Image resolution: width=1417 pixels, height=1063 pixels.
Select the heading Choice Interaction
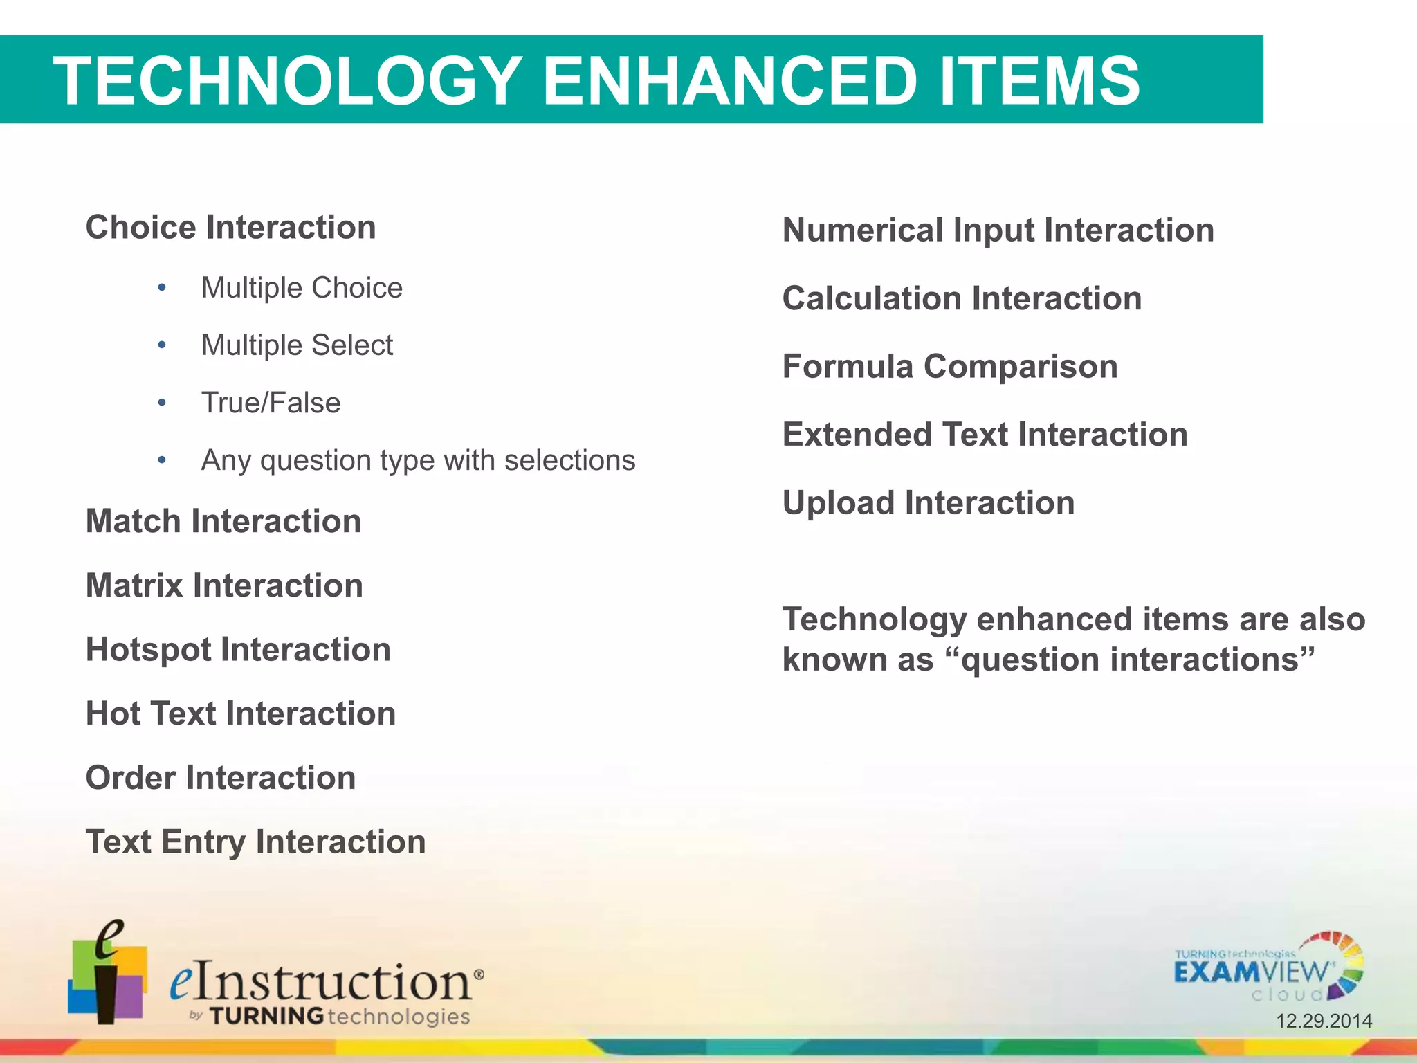coord(230,228)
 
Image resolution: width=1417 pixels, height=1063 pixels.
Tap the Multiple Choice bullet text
coord(302,288)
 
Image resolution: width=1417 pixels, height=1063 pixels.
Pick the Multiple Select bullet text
coord(297,345)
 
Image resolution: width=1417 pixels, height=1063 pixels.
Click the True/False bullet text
coord(271,403)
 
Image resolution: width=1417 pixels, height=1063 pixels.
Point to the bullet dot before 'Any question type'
coord(162,460)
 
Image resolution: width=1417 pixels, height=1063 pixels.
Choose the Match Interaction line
coord(223,521)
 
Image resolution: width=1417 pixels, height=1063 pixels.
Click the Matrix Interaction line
coord(224,585)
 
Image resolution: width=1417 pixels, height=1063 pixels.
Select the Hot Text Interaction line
coord(241,714)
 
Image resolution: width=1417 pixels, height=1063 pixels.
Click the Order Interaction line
coord(221,778)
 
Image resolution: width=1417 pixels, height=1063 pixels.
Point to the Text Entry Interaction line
coord(255,842)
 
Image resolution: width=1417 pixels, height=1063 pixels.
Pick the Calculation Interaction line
coord(962,299)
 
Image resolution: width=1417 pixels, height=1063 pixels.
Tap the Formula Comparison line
coord(950,367)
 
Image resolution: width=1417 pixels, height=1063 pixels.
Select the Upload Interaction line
coord(929,503)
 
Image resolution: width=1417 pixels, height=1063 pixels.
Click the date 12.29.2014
coord(1324,1021)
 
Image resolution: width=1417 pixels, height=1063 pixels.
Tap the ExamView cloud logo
coord(1268,968)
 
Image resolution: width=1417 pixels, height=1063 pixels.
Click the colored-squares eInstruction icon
coord(107,972)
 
